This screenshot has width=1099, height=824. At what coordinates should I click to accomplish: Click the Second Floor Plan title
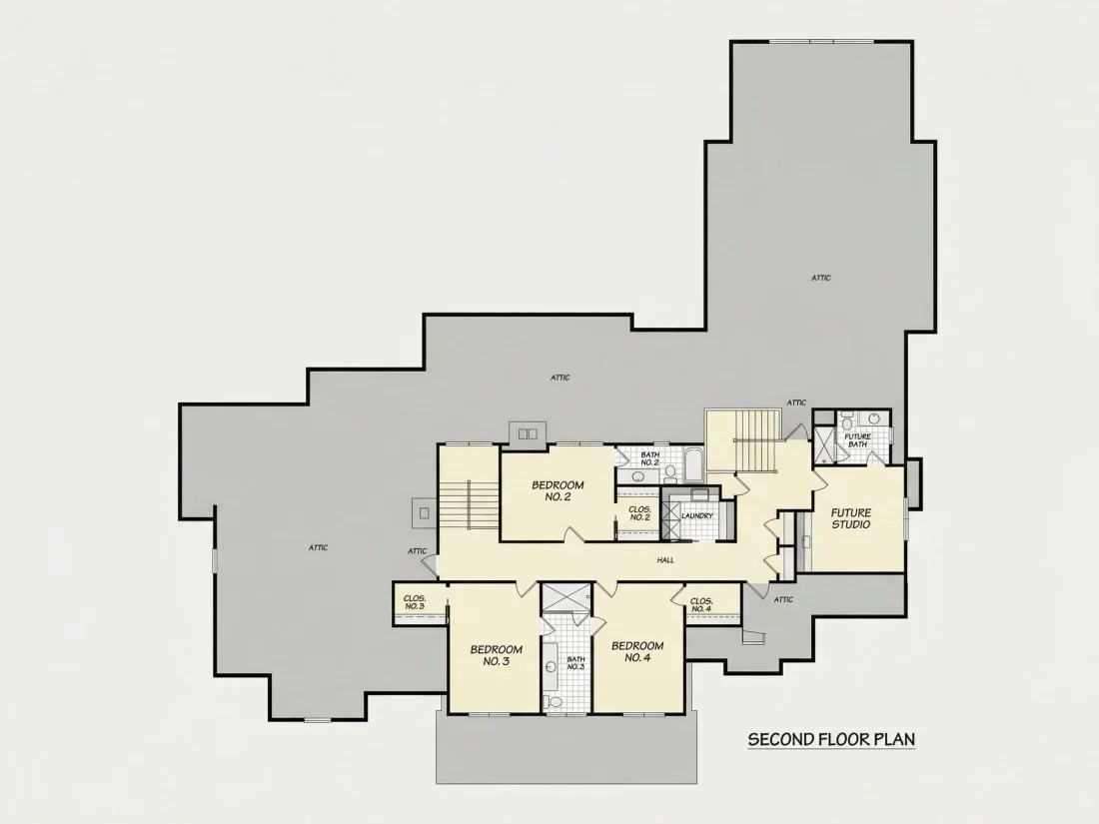[831, 739]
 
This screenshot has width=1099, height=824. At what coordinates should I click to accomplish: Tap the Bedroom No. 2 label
[557, 490]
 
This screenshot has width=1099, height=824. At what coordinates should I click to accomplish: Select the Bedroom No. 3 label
[496, 655]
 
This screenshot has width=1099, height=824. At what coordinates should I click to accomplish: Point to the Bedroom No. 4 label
[637, 651]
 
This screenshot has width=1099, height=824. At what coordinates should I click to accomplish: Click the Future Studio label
[851, 518]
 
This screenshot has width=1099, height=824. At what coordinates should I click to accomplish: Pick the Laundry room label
[696, 515]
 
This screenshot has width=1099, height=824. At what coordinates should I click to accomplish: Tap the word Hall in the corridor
[665, 560]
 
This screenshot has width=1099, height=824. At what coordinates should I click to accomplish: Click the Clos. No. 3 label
[415, 602]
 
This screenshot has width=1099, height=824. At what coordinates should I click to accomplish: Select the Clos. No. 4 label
[701, 604]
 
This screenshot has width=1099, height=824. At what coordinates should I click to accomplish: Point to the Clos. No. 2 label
[639, 513]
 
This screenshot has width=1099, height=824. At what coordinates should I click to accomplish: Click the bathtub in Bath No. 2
[694, 463]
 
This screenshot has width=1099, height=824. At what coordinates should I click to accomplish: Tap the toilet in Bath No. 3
[554, 701]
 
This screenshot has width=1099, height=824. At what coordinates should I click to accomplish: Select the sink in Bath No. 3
[550, 666]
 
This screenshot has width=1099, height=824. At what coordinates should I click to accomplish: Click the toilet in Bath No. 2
[670, 473]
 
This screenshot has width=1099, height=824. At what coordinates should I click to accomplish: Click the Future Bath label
[857, 440]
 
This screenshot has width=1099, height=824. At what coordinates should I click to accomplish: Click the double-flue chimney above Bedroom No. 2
[528, 433]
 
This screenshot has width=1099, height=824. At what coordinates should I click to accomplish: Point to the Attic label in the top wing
[820, 279]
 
